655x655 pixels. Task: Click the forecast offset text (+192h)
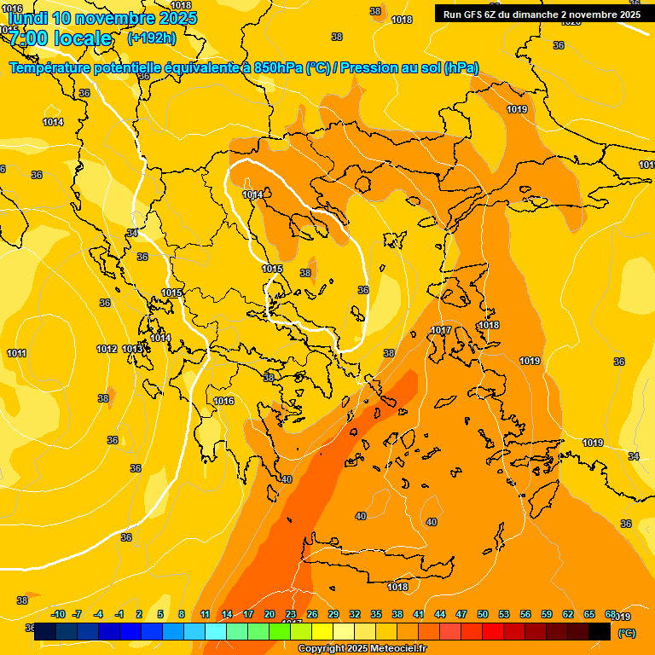pyautogui.click(x=152, y=38)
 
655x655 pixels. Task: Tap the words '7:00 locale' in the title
pyautogui.click(x=61, y=38)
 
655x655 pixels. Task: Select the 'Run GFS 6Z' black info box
pyautogui.click(x=542, y=14)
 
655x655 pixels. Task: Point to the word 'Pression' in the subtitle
pyautogui.click(x=368, y=68)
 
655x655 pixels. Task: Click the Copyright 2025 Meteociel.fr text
pyautogui.click(x=362, y=649)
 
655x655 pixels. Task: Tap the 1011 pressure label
pyautogui.click(x=16, y=353)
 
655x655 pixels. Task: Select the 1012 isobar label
pyautogui.click(x=107, y=349)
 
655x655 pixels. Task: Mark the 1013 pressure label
pyautogui.click(x=132, y=349)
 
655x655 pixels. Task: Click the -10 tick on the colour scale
pyautogui.click(x=58, y=614)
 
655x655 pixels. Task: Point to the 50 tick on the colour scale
pyautogui.click(x=483, y=614)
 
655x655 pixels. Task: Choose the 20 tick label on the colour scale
pyautogui.click(x=270, y=614)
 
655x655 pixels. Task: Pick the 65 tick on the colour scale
pyautogui.click(x=589, y=614)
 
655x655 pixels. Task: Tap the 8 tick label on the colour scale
pyautogui.click(x=182, y=614)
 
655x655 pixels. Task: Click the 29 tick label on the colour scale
pyautogui.click(x=333, y=614)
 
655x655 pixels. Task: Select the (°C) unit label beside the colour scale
pyautogui.click(x=627, y=633)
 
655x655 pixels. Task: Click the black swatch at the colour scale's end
pyautogui.click(x=600, y=631)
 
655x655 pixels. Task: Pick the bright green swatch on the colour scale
pyautogui.click(x=280, y=631)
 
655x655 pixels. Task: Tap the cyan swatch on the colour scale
pyautogui.click(x=216, y=631)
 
